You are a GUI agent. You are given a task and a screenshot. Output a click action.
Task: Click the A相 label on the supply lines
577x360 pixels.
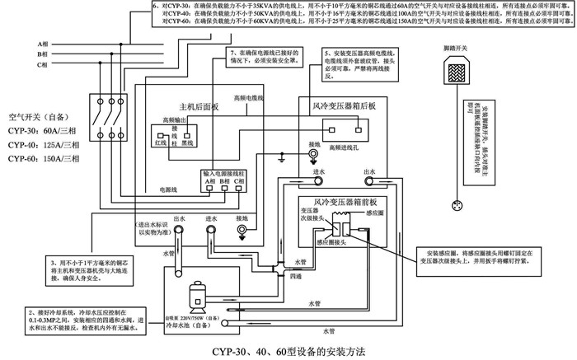click(41, 42)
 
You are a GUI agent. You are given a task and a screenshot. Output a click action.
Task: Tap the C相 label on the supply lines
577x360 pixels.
click(41, 64)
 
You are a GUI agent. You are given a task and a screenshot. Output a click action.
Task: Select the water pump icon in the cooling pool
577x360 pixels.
click(199, 296)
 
